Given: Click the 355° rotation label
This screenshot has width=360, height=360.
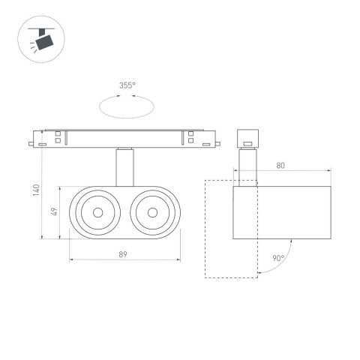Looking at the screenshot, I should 127,85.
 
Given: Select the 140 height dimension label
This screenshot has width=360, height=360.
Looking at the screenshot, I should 35,190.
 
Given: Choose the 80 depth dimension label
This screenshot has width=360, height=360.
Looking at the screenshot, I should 279,166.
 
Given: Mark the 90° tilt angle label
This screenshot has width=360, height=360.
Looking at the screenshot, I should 278,258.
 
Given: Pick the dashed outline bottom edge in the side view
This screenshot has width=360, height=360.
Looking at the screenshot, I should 232,277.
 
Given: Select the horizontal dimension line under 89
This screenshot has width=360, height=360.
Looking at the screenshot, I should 124,261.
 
